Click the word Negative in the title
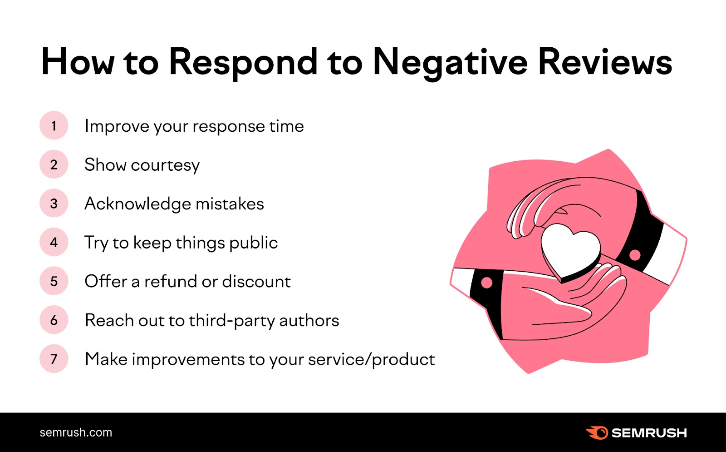(x=450, y=62)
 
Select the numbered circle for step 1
(x=54, y=125)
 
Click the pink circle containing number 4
(x=54, y=242)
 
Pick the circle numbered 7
(x=54, y=359)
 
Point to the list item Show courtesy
(x=142, y=165)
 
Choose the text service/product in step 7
(x=371, y=359)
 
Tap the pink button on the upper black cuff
(x=635, y=255)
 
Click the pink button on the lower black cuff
(x=487, y=283)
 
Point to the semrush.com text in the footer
(x=76, y=432)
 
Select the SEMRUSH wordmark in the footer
(x=649, y=433)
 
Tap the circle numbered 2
(x=54, y=164)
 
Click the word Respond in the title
(x=243, y=62)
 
